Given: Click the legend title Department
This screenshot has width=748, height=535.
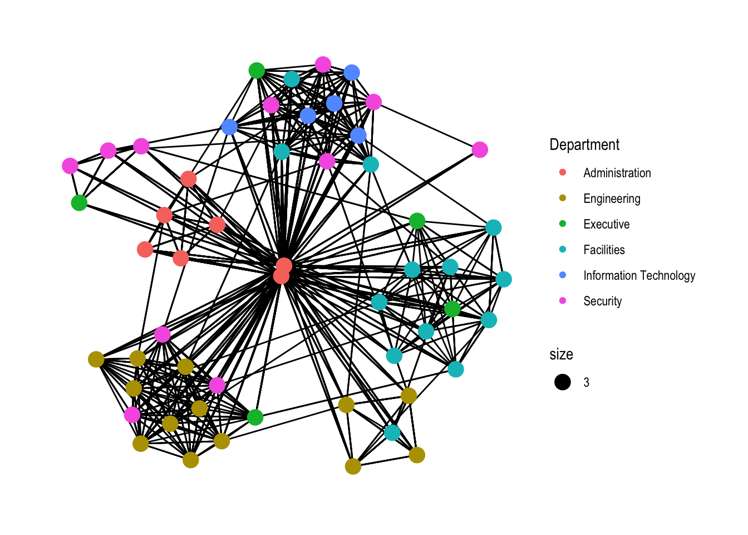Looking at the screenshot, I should (x=584, y=145).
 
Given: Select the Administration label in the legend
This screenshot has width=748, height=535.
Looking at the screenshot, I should (x=617, y=173).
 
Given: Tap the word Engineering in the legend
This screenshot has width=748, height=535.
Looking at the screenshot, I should (x=612, y=199).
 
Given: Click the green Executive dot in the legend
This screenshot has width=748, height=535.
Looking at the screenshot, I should (x=563, y=224).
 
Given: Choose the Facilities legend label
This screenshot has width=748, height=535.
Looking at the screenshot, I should (x=604, y=250).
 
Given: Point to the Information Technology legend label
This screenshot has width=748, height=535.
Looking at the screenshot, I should (x=639, y=276).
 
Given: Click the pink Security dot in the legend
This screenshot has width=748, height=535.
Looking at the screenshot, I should (x=563, y=301).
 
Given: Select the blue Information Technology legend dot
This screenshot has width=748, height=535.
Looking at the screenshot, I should (x=563, y=275).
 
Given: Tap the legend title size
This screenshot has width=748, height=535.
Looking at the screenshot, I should (x=561, y=354).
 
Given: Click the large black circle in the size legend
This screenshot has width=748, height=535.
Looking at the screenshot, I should (x=563, y=382).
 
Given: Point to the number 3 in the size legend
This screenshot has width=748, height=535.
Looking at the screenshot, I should (x=586, y=383).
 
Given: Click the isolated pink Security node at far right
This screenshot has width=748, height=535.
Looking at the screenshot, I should (x=480, y=149).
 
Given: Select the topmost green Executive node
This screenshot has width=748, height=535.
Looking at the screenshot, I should (x=257, y=71).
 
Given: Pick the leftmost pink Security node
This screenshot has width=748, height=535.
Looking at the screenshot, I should (x=70, y=166).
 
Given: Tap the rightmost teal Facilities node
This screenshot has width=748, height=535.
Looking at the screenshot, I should (x=504, y=279).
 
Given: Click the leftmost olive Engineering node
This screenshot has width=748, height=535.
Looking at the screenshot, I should (x=96, y=359).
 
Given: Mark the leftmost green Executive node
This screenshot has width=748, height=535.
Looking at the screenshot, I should (x=79, y=203).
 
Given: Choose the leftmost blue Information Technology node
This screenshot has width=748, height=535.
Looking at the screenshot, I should (x=229, y=127).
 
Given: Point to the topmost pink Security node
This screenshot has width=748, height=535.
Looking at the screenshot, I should (x=323, y=65).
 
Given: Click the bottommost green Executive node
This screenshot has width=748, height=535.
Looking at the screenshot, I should (x=255, y=417).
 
